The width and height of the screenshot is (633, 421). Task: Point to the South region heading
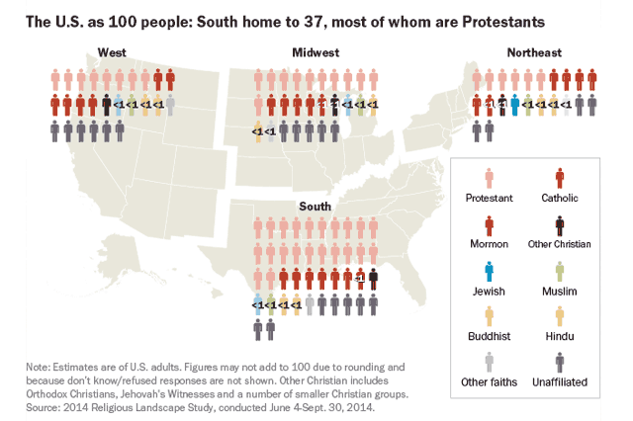coord(316,206)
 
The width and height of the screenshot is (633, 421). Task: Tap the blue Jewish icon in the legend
coord(489,270)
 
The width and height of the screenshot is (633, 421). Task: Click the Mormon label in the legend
coord(489,244)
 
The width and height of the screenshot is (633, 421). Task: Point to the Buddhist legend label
coord(489,335)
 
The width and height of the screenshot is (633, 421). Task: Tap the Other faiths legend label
coord(489,380)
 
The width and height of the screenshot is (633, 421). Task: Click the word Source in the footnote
coord(47,406)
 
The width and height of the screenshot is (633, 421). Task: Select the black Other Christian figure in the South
coord(373,279)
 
